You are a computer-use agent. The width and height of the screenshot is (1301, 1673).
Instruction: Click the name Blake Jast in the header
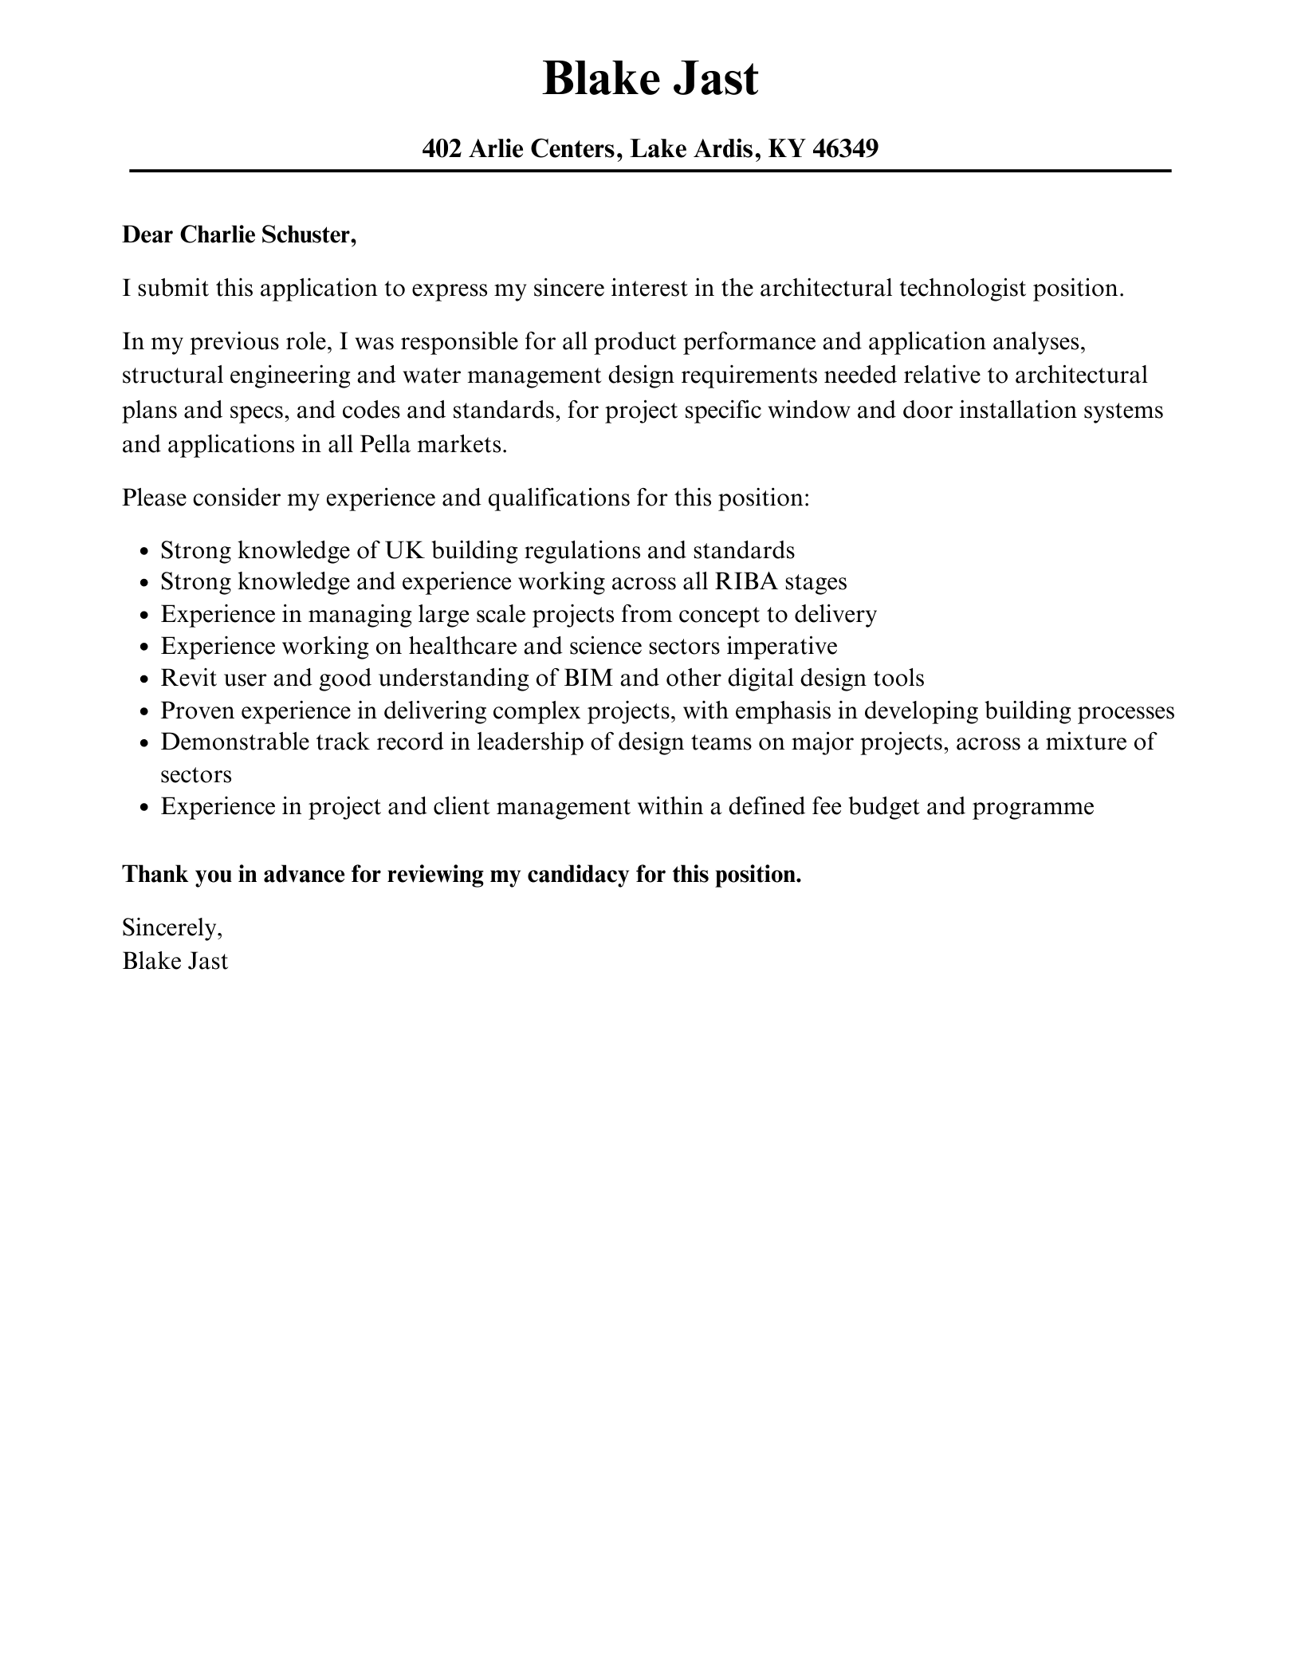(650, 80)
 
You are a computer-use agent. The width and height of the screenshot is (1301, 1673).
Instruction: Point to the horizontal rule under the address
(650, 171)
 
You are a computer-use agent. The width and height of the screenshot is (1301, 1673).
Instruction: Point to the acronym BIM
(588, 678)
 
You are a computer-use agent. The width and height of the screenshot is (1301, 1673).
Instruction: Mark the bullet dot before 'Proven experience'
(144, 712)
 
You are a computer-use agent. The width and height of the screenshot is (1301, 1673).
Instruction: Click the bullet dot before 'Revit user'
(144, 680)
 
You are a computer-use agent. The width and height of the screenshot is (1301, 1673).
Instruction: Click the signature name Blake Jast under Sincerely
(175, 961)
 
